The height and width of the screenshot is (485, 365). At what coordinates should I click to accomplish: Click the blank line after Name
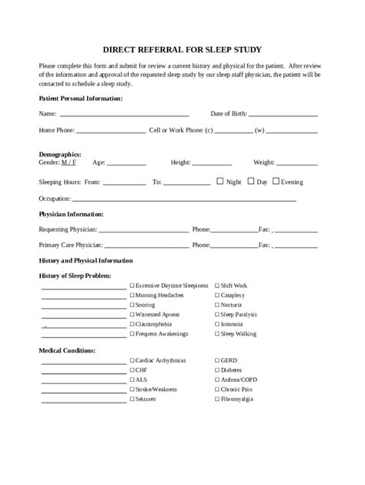click(119, 115)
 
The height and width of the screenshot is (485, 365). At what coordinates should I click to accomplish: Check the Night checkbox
click(220, 182)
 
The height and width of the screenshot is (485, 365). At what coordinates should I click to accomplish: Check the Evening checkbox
click(275, 182)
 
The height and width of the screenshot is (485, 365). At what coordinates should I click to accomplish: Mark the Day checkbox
click(250, 182)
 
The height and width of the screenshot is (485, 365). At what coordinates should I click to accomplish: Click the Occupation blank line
click(185, 199)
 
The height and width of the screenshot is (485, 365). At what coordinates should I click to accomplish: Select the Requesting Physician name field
click(144, 230)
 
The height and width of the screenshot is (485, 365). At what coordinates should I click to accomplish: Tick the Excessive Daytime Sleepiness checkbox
click(132, 285)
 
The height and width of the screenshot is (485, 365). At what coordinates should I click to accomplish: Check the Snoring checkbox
click(132, 305)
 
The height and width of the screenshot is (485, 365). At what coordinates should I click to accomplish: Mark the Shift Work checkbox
click(217, 285)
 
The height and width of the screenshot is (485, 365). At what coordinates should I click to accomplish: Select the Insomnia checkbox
click(217, 325)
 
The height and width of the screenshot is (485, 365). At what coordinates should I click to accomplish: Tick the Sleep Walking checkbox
click(217, 335)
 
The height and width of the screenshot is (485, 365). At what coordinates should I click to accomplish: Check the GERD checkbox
click(217, 360)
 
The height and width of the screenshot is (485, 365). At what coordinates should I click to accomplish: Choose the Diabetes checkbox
click(217, 370)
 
